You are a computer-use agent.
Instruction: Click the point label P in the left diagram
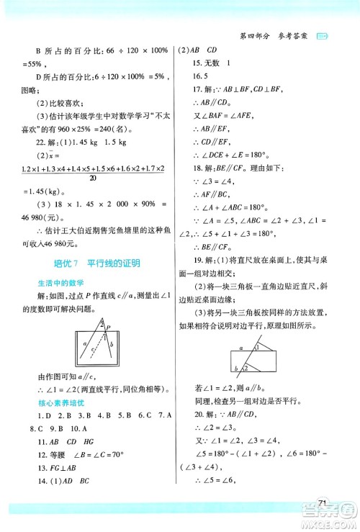(x=107, y=325)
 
